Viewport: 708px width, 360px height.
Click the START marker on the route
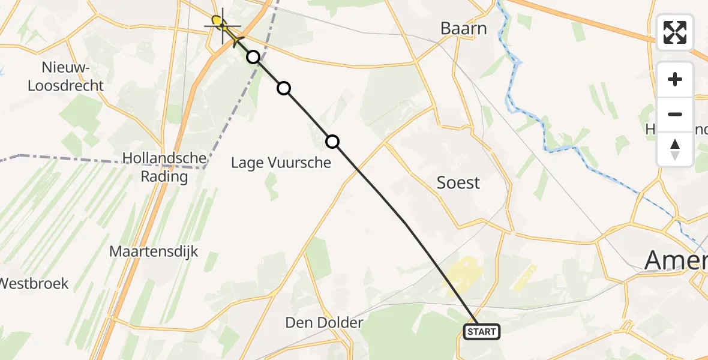[481, 332]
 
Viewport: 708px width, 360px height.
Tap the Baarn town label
[463, 28]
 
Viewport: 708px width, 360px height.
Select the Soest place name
[458, 182]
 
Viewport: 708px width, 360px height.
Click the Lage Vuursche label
[281, 162]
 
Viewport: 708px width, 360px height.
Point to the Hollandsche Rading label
[164, 167]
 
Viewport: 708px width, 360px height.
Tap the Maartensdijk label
[154, 251]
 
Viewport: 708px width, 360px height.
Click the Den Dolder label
[324, 323]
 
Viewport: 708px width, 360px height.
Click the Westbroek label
[34, 283]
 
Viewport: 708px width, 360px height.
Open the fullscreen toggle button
[675, 32]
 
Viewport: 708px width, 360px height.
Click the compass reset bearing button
[675, 149]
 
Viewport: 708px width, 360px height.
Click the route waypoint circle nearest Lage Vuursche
[332, 142]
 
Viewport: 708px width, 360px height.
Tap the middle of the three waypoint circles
[284, 89]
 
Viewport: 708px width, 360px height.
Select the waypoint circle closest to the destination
[253, 57]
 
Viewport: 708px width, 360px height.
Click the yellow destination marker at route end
[218, 23]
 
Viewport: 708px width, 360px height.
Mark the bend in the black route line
[406, 223]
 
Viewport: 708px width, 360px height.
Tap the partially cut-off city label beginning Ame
[675, 260]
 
